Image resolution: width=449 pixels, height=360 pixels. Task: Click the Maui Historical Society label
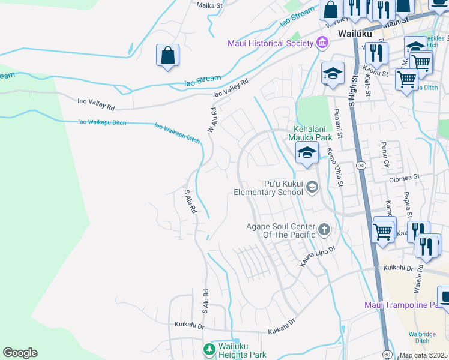270,43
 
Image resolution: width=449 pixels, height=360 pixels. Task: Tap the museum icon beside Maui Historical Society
322,43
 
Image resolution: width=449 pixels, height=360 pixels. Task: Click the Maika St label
210,4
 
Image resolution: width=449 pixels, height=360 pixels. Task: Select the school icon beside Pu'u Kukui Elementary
312,188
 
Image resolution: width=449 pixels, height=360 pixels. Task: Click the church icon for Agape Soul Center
324,229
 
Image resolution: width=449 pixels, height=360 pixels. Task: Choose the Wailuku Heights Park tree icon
209,349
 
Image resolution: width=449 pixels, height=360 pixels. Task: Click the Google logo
20,353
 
